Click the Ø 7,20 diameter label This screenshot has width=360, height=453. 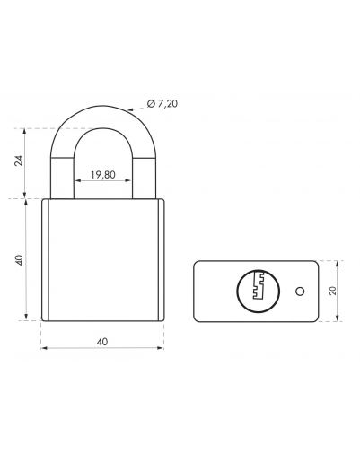click(x=162, y=104)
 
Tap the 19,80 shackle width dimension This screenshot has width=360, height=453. click(x=102, y=175)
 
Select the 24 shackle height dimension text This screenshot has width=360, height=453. click(x=19, y=161)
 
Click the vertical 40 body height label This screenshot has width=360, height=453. click(x=19, y=260)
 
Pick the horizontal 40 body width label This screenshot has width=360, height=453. click(x=102, y=342)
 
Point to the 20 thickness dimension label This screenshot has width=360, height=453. click(x=333, y=291)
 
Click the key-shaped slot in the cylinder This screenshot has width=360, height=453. click(x=259, y=285)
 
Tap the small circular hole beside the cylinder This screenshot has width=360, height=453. click(x=300, y=292)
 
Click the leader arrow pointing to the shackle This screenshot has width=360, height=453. click(x=136, y=109)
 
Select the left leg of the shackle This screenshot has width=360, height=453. click(x=62, y=179)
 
